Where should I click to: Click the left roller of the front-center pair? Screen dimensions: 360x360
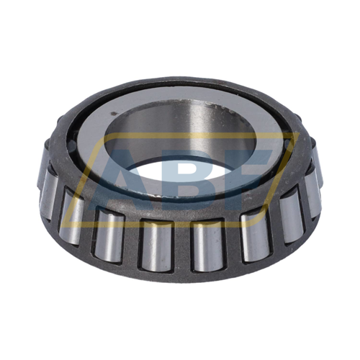pyautogui.click(x=156, y=246)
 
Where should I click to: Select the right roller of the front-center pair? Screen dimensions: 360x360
pyautogui.click(x=208, y=245)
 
